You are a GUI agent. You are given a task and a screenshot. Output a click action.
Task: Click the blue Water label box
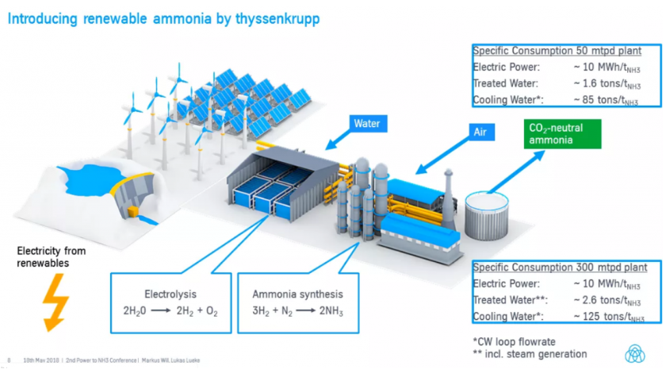(366, 124)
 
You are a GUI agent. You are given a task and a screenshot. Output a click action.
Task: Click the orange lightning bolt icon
(55, 301)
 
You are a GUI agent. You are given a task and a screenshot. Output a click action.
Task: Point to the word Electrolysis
(170, 292)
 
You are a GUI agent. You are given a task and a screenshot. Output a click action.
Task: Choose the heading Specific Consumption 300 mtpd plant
(561, 267)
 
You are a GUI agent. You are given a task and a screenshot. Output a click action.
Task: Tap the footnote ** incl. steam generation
(530, 354)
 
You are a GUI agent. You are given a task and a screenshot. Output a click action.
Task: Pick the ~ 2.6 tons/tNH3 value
(607, 300)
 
